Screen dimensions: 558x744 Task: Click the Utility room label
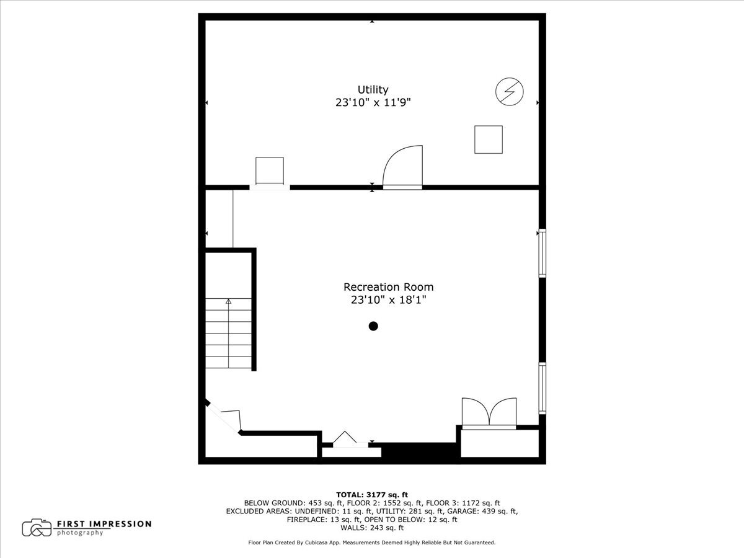coord(373,90)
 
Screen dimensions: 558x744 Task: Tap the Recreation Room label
coord(388,287)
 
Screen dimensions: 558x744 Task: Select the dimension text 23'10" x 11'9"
coord(373,104)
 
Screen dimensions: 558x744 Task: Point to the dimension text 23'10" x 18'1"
coord(388,300)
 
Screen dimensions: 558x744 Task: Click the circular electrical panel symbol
coord(509,92)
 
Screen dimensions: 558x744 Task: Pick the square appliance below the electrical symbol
coord(488,139)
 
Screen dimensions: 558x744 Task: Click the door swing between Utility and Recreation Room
coord(402,167)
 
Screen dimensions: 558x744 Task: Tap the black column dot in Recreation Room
coord(373,326)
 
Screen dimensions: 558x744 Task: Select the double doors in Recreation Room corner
coord(489,412)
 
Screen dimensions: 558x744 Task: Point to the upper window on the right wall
coord(542,252)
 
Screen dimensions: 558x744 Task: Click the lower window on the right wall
coord(542,388)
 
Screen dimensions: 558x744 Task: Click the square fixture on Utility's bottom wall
coord(270,170)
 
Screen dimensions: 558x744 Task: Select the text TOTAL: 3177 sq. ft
coord(372,494)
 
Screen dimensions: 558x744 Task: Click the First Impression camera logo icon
coord(37,528)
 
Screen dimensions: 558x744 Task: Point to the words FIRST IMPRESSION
coord(104,524)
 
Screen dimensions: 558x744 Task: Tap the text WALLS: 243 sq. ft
coord(372,528)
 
